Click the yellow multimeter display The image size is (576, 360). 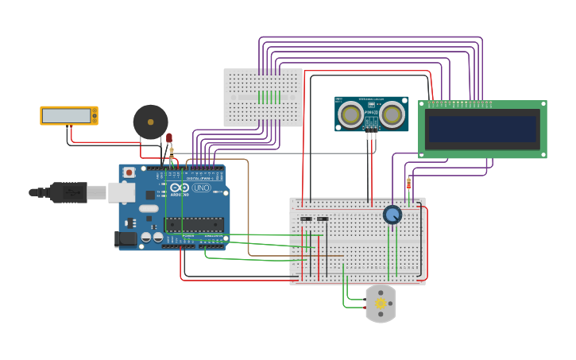[68, 116]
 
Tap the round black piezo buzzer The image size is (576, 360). [150, 122]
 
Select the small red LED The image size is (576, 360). [169, 138]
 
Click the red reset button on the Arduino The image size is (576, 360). [129, 172]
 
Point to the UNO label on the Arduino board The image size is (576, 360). [201, 188]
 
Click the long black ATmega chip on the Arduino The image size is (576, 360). [195, 224]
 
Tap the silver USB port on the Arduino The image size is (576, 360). [121, 192]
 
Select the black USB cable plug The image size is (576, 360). [68, 192]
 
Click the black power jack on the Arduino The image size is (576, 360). [125, 238]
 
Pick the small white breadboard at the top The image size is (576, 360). [262, 97]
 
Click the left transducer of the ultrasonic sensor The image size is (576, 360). [350, 115]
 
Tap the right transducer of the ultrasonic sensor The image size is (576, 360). [392, 115]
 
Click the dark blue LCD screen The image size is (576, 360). [482, 128]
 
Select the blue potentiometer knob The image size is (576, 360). [392, 215]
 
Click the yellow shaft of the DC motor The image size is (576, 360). [381, 304]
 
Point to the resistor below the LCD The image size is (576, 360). [409, 184]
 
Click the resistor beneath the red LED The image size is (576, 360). [172, 152]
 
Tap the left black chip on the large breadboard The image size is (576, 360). [306, 219]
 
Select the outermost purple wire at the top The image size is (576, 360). [370, 37]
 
